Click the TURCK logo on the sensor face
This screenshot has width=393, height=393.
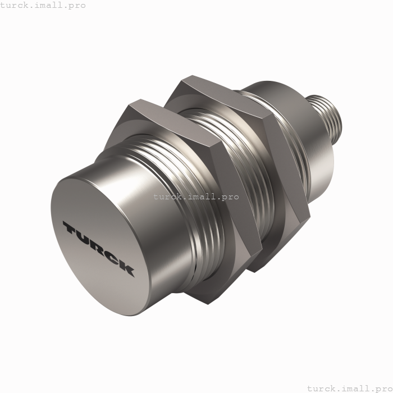98,248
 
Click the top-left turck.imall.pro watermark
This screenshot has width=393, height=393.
43,5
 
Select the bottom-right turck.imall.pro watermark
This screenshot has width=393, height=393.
348,388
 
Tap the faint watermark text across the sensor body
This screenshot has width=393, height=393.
195,197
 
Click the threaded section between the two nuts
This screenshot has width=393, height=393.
225,168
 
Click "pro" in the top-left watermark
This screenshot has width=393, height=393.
77,5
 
